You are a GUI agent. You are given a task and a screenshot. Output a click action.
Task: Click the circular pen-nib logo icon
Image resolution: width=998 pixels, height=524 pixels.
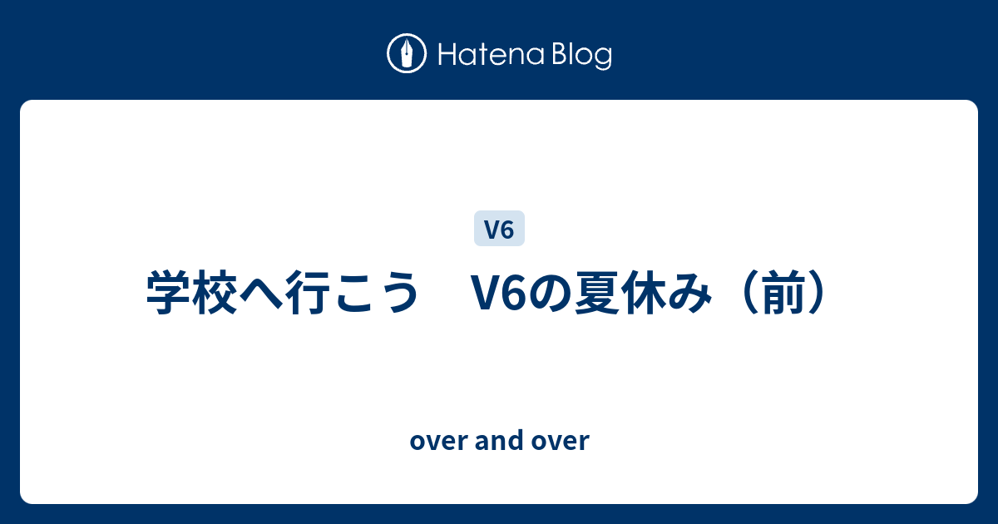(407, 53)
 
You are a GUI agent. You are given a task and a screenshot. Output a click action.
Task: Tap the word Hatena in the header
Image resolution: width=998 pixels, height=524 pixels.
(491, 55)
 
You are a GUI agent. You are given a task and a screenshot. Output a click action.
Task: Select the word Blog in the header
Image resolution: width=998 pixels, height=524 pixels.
(581, 57)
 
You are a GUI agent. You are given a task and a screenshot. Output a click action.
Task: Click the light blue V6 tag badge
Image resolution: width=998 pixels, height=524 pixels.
(499, 228)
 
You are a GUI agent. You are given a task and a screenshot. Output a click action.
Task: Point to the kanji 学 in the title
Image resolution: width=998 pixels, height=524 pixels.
(170, 293)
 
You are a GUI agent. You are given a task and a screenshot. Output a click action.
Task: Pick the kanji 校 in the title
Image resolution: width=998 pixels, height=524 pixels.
(215, 293)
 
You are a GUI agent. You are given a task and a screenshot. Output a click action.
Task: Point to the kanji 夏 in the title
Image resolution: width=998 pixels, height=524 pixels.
(597, 293)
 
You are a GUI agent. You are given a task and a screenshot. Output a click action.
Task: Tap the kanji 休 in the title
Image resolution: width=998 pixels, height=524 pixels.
(644, 293)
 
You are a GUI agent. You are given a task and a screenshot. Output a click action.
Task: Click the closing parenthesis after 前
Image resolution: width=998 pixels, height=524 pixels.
(816, 293)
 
